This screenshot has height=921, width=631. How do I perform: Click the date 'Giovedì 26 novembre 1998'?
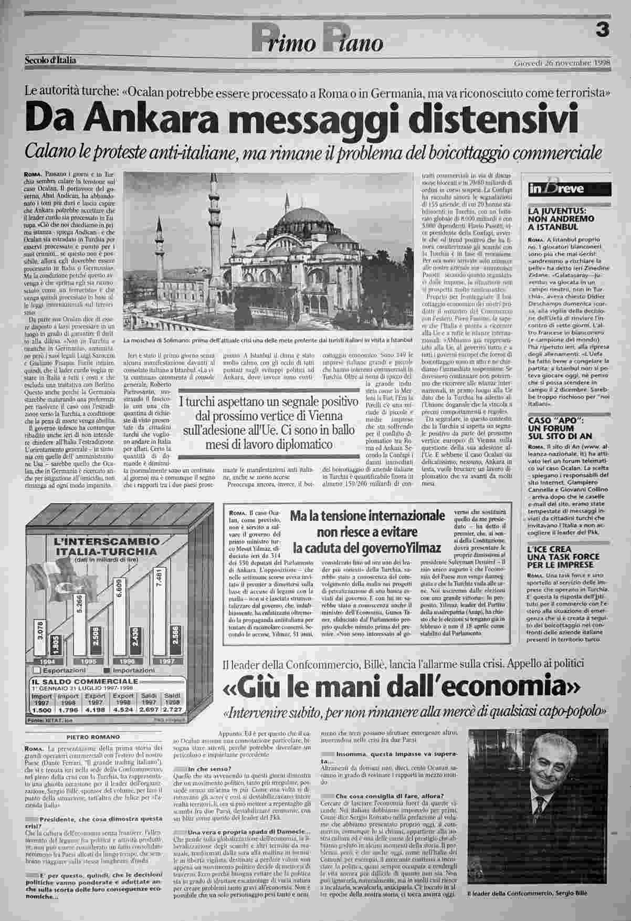562,63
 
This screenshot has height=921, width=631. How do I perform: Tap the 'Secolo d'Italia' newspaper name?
50,60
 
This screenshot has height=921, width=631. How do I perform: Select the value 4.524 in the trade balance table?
123,710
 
